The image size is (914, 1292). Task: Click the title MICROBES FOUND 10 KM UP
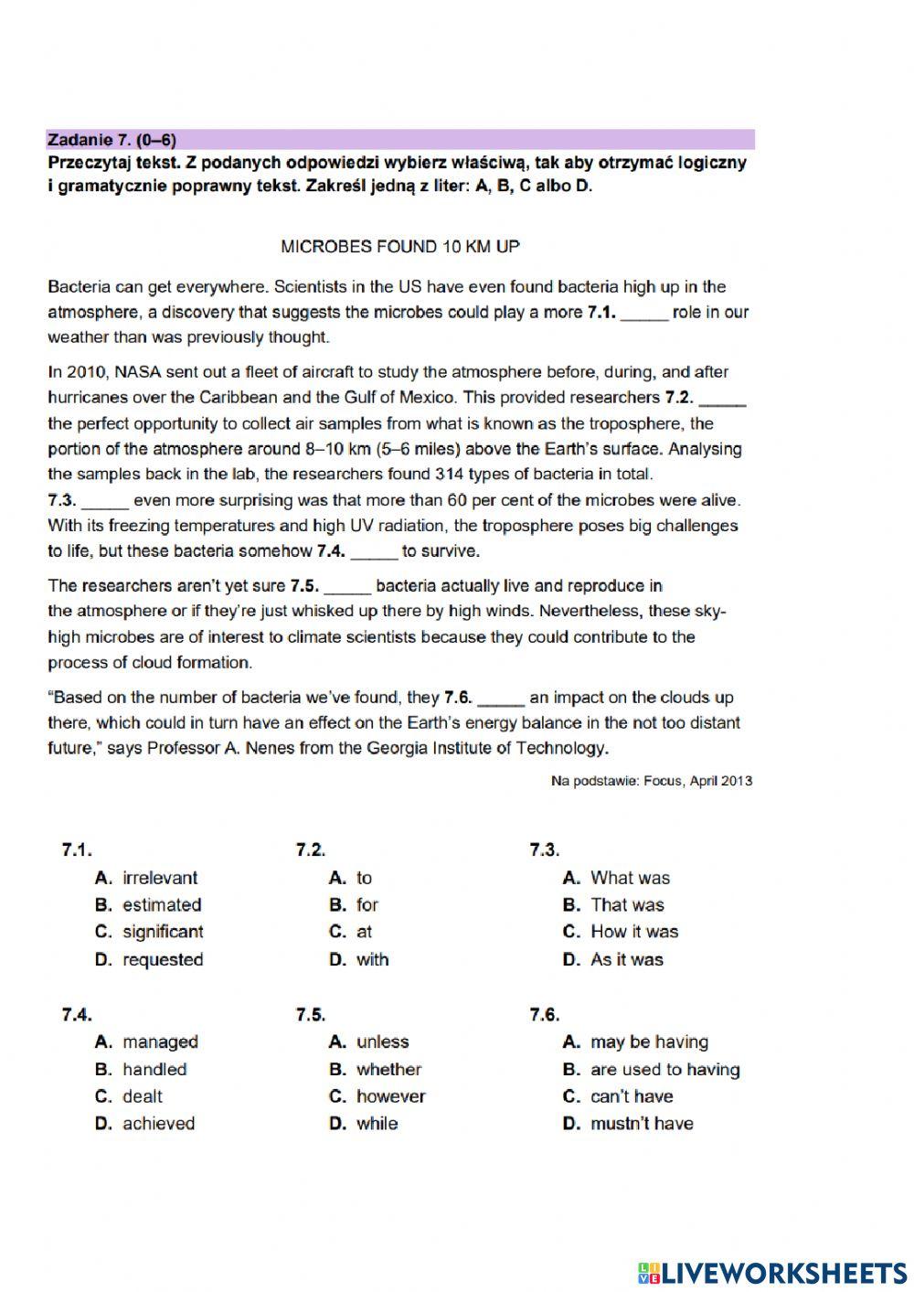400,246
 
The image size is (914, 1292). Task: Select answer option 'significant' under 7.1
163,932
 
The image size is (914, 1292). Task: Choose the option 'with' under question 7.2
372,959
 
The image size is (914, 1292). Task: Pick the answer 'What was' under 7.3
630,878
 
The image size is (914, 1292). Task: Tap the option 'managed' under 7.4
160,1041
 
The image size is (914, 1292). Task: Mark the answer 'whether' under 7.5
388,1069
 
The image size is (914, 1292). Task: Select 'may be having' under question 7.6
649,1041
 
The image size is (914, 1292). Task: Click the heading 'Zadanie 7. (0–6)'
112,140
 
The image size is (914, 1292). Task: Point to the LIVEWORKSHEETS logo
772,1272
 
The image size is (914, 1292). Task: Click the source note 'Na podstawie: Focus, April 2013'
652,781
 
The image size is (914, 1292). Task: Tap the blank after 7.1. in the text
644,314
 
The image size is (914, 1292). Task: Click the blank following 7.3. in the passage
106,502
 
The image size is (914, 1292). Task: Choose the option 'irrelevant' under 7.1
160,878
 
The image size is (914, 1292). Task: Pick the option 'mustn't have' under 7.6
642,1123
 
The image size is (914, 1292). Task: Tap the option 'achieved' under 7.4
158,1123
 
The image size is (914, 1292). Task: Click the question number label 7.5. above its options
311,1014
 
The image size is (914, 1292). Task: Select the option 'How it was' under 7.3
634,932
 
